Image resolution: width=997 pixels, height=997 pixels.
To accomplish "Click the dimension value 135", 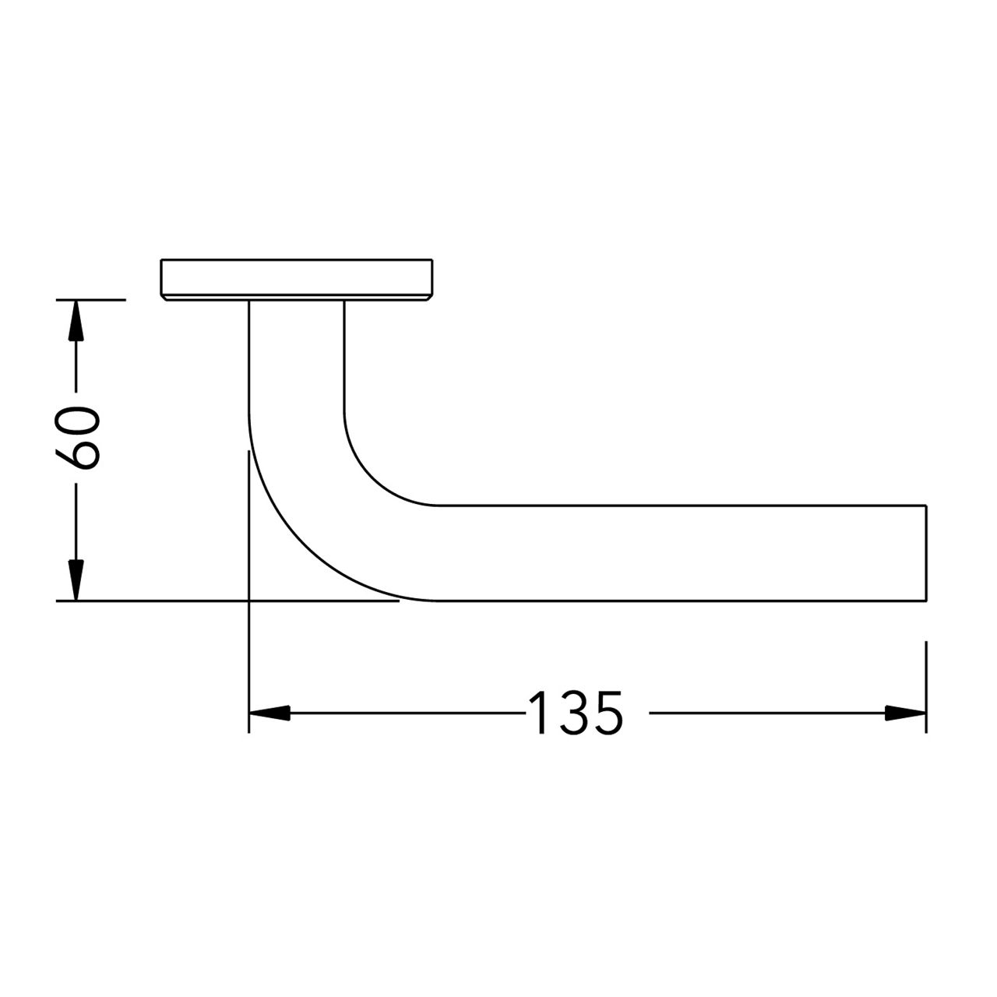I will click(x=576, y=713).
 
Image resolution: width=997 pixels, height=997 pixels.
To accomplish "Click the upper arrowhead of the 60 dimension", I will click(x=75, y=319).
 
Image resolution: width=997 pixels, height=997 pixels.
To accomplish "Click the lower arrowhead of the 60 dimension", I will click(x=75, y=580).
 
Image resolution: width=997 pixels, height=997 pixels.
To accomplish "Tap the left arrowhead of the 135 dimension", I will click(x=269, y=712).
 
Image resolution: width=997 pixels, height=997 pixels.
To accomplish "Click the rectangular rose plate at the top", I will click(x=296, y=277).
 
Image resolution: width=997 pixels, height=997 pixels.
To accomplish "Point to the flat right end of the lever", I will click(x=925, y=553).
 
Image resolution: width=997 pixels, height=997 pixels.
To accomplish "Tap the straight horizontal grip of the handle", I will click(x=678, y=553).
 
